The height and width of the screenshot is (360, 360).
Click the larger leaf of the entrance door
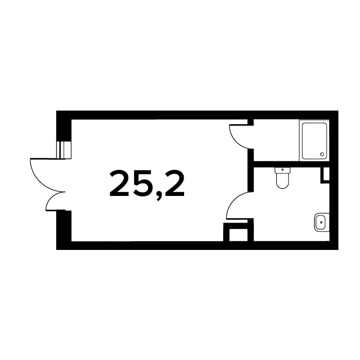(47, 174)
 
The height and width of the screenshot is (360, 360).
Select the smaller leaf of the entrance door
(55, 201)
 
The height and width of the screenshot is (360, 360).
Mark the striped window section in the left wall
(64, 150)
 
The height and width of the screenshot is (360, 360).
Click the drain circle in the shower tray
(322, 154)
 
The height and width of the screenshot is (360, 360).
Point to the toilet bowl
(283, 181)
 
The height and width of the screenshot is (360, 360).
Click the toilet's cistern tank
(283, 170)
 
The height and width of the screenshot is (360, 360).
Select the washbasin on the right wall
(321, 222)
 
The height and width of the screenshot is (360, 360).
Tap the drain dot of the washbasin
(321, 222)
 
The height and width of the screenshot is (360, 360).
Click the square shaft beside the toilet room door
(239, 232)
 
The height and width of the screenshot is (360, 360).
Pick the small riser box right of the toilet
(325, 175)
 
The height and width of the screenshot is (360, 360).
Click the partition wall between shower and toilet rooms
(292, 165)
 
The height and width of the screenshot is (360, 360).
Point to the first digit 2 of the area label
(119, 184)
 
